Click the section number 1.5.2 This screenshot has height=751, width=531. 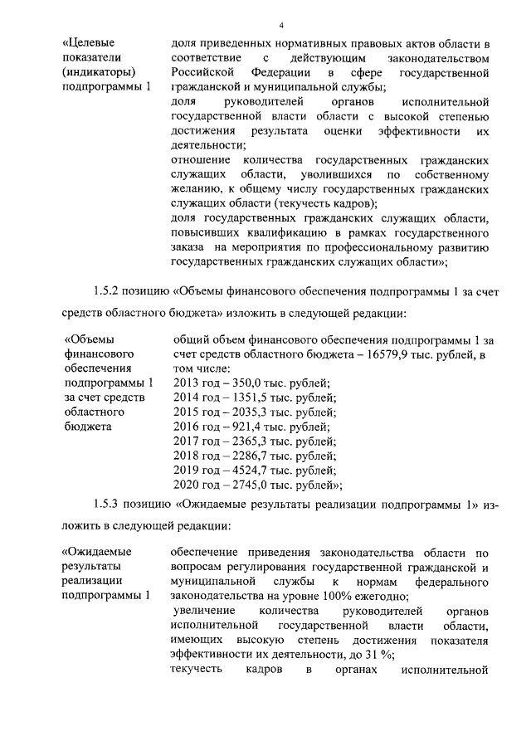pyautogui.click(x=107, y=292)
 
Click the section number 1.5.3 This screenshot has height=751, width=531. pyautogui.click(x=107, y=505)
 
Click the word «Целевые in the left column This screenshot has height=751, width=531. pyautogui.click(x=90, y=41)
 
